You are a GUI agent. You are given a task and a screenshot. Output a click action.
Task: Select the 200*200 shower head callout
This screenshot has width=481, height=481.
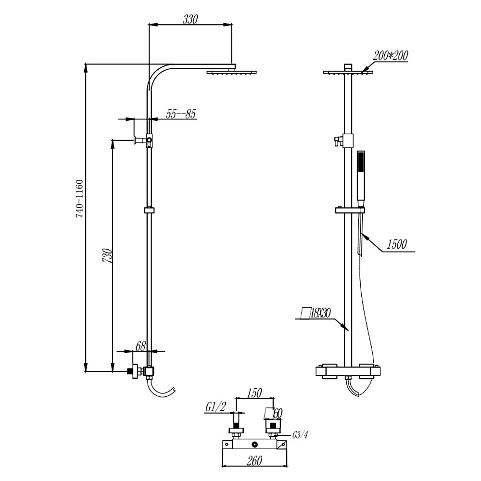click(x=391, y=56)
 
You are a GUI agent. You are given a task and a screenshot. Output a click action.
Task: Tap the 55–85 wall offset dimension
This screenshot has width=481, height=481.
click(x=181, y=114)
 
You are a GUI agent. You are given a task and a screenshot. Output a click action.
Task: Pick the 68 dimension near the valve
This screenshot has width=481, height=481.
click(x=140, y=345)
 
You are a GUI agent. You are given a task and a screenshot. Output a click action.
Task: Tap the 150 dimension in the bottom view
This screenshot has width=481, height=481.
click(x=253, y=392)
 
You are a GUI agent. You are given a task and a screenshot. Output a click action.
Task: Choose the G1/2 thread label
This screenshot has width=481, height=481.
click(x=215, y=407)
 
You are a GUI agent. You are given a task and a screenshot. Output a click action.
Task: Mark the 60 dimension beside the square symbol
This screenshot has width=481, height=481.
click(x=277, y=413)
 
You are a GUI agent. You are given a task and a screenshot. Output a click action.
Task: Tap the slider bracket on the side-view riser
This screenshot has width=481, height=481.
click(x=150, y=210)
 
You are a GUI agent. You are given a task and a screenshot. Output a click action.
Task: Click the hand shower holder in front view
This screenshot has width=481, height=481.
click(x=350, y=210)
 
